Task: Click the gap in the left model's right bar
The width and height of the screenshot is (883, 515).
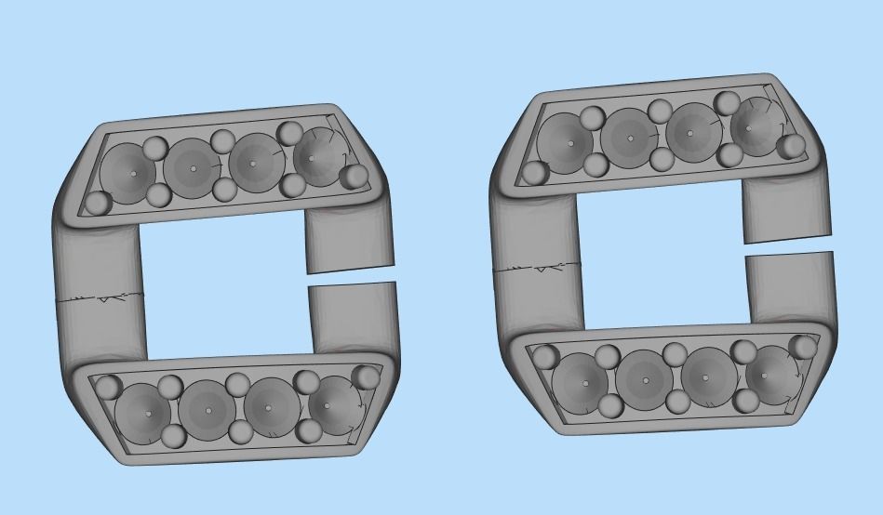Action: point(352,276)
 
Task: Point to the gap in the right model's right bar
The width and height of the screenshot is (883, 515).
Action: point(789,247)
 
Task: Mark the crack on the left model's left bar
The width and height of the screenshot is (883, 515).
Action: point(102,299)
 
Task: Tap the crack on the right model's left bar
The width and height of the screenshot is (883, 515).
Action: point(538,269)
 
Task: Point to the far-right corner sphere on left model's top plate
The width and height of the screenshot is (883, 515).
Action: point(355,177)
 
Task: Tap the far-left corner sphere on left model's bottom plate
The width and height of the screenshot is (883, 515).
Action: point(110,386)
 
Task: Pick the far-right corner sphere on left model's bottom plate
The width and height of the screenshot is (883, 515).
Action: point(368,376)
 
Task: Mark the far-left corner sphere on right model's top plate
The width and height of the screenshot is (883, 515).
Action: point(535,173)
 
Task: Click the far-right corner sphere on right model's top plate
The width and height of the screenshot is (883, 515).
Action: point(792,146)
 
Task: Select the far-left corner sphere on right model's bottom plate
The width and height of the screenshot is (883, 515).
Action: point(544,356)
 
